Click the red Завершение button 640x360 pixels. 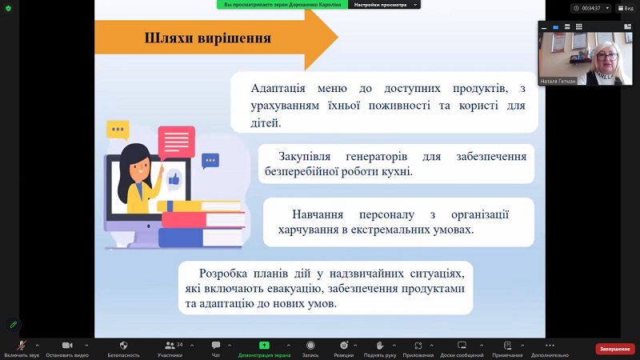pyautogui.click(x=615, y=349)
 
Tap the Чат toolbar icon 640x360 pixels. pyautogui.click(x=216, y=346)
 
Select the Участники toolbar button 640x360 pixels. pyautogui.click(x=170, y=346)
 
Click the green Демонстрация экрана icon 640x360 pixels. pyautogui.click(x=264, y=346)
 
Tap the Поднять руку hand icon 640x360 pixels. pyautogui.click(x=379, y=346)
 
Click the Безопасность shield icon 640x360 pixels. pyautogui.click(x=124, y=346)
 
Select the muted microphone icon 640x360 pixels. pyautogui.click(x=22, y=346)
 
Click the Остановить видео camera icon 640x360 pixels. pyautogui.click(x=67, y=346)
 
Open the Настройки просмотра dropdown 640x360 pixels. pyautogui.click(x=384, y=5)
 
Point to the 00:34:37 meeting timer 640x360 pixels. pyautogui.click(x=590, y=8)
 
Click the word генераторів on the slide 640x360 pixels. pyautogui.click(x=376, y=156)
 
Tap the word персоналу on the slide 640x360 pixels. pyautogui.click(x=386, y=214)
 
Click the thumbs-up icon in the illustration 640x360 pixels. pyautogui.click(x=174, y=178)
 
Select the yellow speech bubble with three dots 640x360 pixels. pyautogui.click(x=118, y=130)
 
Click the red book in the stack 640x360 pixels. pyautogui.click(x=203, y=219)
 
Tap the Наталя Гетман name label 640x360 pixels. pyautogui.click(x=558, y=82)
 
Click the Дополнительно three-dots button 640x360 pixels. pyautogui.click(x=550, y=346)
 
